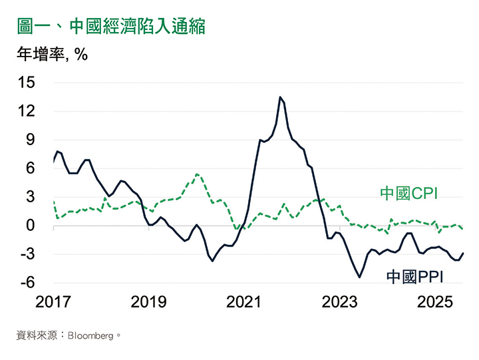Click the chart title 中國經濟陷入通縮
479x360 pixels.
tap(110, 27)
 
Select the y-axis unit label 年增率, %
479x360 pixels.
tap(53, 55)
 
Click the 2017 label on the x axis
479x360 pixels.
tap(53, 303)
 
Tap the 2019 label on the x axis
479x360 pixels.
tap(149, 303)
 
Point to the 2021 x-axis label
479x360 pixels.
tap(245, 303)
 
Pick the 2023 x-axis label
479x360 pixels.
tap(341, 303)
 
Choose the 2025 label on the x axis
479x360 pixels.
tap(436, 303)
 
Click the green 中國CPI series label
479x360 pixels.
tap(412, 194)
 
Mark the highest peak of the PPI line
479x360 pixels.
tap(280, 97)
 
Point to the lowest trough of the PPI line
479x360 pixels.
tap(360, 277)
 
